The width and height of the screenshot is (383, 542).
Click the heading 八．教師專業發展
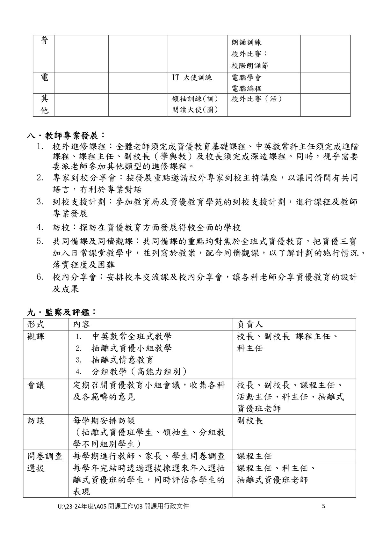[x=66, y=135]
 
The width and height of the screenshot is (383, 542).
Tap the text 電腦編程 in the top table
[x=246, y=88]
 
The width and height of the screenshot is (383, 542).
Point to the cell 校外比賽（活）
[x=257, y=99]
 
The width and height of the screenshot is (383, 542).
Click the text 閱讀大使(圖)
[x=195, y=110]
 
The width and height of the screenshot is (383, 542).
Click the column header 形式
[x=36, y=324]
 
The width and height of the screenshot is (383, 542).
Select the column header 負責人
[x=250, y=324]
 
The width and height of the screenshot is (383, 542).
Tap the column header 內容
[x=82, y=324]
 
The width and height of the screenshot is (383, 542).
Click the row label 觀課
[x=36, y=336]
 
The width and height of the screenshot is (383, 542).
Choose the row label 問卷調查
[x=45, y=456]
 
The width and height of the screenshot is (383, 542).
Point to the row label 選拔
[x=36, y=468]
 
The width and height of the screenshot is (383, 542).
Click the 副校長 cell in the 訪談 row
[x=250, y=421]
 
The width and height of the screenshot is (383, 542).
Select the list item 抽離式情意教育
[x=123, y=360]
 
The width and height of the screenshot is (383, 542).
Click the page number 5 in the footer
[x=324, y=506]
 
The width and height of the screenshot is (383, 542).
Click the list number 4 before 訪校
[x=40, y=228]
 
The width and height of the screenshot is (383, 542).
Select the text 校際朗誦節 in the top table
[x=249, y=66]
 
